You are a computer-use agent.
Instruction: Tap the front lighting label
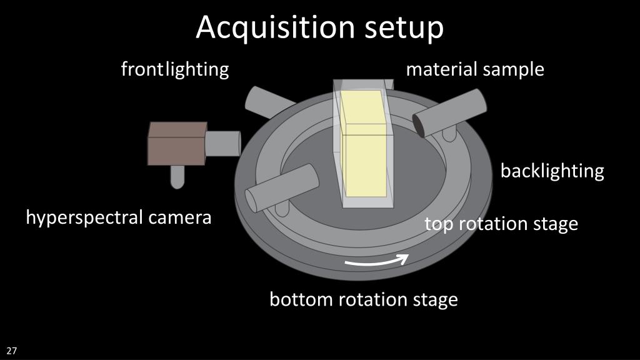[x=175, y=69]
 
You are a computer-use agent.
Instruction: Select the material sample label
[x=475, y=69]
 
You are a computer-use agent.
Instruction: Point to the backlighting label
[x=552, y=171]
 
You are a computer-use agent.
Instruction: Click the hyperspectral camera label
[x=119, y=218]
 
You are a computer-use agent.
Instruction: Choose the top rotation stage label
[x=501, y=224]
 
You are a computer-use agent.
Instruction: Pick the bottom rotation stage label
[x=363, y=300]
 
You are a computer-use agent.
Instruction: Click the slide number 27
[x=12, y=351]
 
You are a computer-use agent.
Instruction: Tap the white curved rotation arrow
[x=377, y=261]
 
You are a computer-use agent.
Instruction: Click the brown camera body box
[x=177, y=143]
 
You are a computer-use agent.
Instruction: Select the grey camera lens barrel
[x=223, y=143]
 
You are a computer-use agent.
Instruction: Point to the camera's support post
[x=177, y=176]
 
